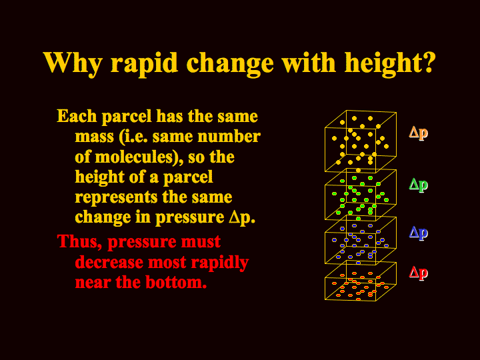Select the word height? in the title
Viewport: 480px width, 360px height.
pos(390,63)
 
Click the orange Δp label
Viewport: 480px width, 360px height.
pos(419,133)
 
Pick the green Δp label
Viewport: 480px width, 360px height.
pos(419,185)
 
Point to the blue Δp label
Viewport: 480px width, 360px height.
pos(419,233)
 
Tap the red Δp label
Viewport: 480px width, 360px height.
pos(419,273)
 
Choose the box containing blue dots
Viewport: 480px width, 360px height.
pos(325,242)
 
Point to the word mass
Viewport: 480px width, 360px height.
pos(94,137)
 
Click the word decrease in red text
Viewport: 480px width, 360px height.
pos(109,262)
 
